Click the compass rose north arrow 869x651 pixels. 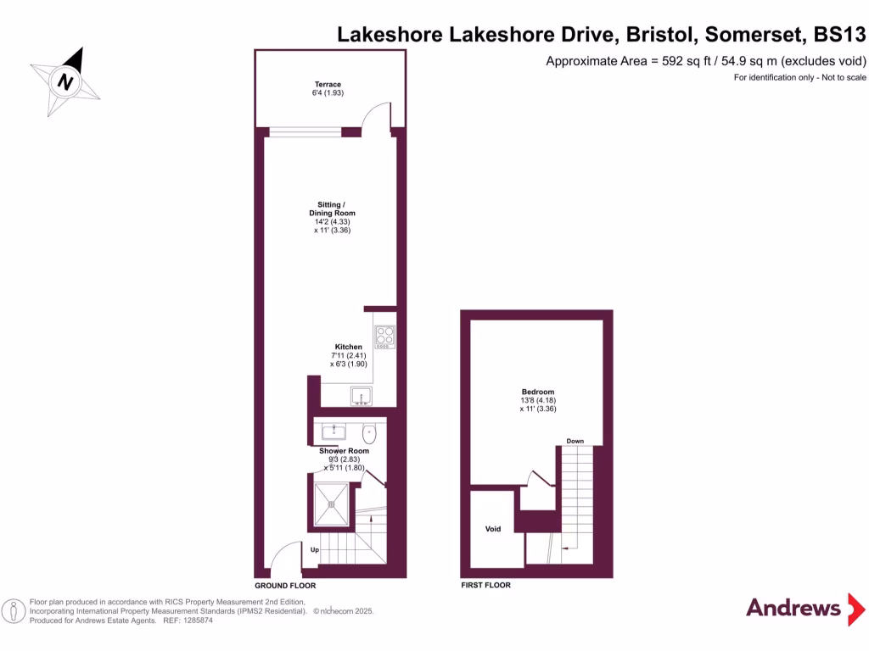(x=65, y=81)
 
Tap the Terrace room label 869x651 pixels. (x=328, y=85)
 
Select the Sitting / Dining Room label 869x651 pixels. (x=331, y=209)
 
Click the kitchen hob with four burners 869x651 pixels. (x=384, y=337)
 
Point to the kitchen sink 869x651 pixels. (x=359, y=396)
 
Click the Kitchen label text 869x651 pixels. (x=348, y=347)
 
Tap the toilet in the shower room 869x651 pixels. (x=368, y=433)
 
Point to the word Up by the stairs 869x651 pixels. (x=314, y=550)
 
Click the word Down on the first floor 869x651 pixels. (x=575, y=441)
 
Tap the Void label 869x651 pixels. (x=493, y=529)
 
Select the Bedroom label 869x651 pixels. (x=538, y=392)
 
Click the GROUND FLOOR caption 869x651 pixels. (x=285, y=586)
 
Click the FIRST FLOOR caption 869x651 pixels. (x=485, y=586)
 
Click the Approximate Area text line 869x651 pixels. (x=705, y=61)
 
